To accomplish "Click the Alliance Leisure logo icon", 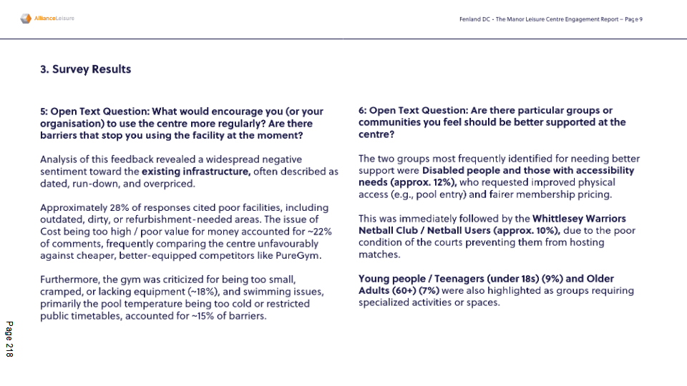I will pos(26,19).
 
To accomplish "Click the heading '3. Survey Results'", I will pos(85,69).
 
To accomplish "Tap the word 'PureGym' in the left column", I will pos(301,255).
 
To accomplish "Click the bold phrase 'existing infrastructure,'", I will pos(195,172).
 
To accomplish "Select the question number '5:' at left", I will pos(44,111).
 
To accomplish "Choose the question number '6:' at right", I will pos(363,111).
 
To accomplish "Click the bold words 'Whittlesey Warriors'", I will pos(579,219).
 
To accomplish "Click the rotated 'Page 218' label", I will pos(9,340).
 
